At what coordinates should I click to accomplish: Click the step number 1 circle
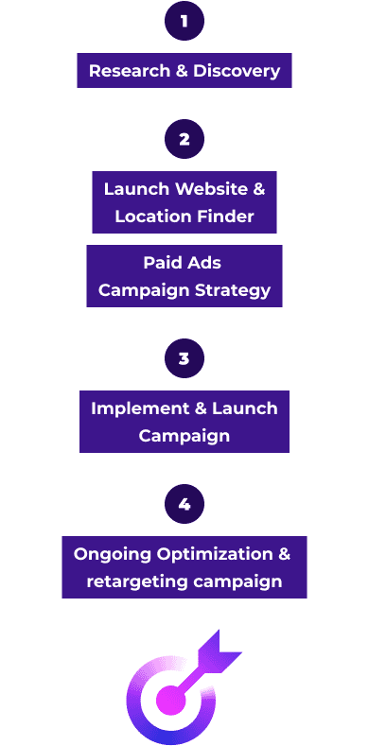[x=184, y=22]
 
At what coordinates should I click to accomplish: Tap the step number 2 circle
[x=184, y=139]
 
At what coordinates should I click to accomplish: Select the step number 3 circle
[x=184, y=358]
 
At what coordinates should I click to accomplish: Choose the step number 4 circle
[x=184, y=504]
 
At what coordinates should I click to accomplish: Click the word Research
[x=129, y=71]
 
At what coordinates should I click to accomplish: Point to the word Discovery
[x=237, y=71]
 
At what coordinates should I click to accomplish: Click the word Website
[x=211, y=189]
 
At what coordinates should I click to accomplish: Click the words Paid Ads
[x=183, y=263]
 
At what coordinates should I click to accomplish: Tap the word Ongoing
[x=113, y=554]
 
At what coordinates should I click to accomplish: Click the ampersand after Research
[x=181, y=71]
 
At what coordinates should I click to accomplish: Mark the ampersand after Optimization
[x=284, y=554]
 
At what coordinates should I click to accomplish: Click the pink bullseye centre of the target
[x=170, y=700]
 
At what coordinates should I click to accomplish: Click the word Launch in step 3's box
[x=244, y=408]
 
